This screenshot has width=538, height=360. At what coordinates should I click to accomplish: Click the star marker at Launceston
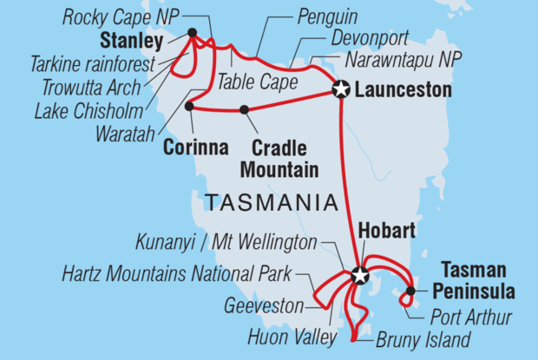tap(341, 88)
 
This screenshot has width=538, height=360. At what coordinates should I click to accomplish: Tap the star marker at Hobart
tap(359, 276)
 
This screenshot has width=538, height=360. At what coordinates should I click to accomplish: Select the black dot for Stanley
tap(192, 34)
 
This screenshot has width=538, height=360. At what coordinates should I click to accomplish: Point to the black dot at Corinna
tap(189, 106)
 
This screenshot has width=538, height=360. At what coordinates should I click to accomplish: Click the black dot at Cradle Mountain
tap(244, 109)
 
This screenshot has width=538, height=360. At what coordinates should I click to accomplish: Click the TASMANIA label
tap(270, 202)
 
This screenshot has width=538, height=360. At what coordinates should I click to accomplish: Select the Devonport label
tap(369, 40)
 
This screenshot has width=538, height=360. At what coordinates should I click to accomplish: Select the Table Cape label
tap(257, 84)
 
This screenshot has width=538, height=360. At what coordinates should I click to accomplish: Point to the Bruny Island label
tap(423, 339)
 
